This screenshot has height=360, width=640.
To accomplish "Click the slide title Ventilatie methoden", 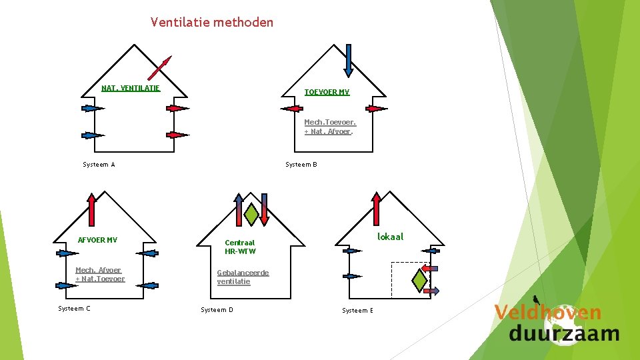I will click(212, 23).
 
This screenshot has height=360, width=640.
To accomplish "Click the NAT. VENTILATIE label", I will click(131, 88).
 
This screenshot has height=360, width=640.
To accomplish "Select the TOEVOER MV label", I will click(327, 92).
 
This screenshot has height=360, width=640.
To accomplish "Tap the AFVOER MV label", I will click(97, 240).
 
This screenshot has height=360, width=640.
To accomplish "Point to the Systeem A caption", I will click(99, 164).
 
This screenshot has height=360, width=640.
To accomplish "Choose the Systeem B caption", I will click(301, 164).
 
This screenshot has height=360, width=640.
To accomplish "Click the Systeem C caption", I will click(74, 308).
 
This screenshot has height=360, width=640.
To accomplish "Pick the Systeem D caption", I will click(217, 310).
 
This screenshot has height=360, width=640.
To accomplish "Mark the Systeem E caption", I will click(357, 311).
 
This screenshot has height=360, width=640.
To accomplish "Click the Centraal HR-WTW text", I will click(240, 247).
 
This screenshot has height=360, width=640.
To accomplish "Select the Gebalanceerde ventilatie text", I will click(243, 277).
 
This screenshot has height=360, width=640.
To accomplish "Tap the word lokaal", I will click(390, 237).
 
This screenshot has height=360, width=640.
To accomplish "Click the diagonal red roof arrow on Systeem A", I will click(159, 68).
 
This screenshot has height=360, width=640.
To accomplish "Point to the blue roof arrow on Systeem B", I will click(349, 60).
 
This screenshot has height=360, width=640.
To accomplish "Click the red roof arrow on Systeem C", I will click(92, 210).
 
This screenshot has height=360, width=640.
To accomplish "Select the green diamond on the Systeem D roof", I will click(251, 213).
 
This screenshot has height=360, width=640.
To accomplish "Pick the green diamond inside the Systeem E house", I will click(419, 279).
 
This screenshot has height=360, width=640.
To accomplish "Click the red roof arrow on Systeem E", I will click(377, 209).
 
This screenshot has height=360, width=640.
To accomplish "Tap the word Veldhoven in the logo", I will click(547, 312).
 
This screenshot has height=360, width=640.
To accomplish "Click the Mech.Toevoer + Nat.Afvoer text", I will click(330, 127).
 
